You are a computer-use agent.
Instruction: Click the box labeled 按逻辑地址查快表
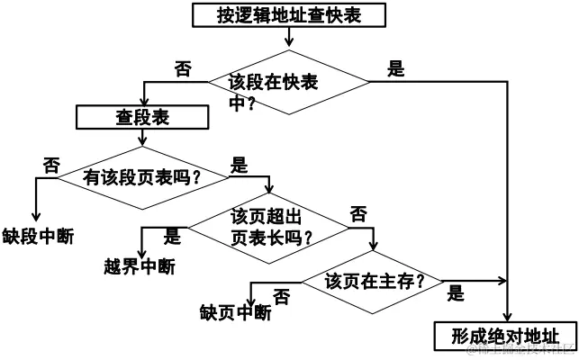point(289,14)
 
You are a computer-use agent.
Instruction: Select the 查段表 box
point(143,117)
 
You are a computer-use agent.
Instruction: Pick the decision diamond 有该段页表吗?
point(141,176)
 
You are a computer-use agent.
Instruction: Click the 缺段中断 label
point(38,237)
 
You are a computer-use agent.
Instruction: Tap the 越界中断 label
point(140,266)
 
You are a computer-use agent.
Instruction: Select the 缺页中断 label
point(235,312)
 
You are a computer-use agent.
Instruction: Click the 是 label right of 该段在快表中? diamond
point(394,67)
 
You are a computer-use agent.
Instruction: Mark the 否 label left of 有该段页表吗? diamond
point(51,164)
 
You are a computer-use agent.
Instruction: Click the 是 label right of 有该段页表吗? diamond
point(240,165)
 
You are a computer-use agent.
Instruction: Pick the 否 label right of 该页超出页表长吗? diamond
point(358,213)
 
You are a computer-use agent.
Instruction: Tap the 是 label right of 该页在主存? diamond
point(456,292)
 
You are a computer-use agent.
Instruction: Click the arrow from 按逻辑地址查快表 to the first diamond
point(289,36)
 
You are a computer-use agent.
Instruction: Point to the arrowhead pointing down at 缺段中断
point(36,216)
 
